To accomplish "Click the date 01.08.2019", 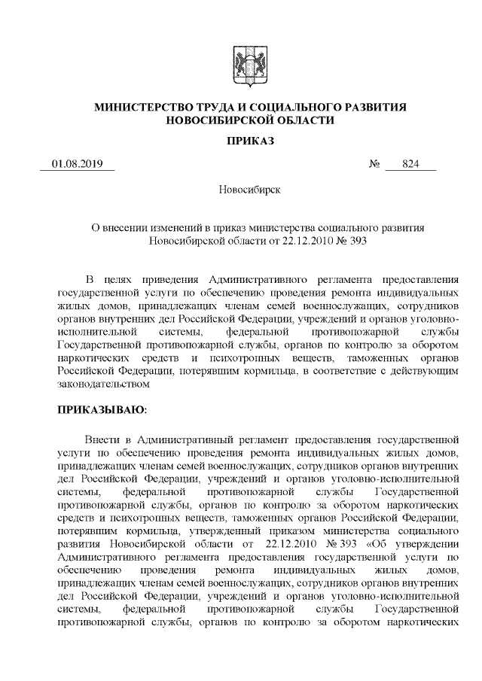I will pos(77,164).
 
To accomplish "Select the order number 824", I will pos(410,164).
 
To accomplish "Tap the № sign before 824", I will pos(374,164).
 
